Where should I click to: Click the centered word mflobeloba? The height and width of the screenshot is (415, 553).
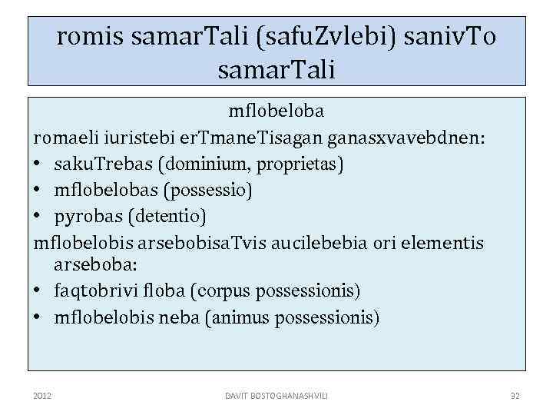[276, 111]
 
